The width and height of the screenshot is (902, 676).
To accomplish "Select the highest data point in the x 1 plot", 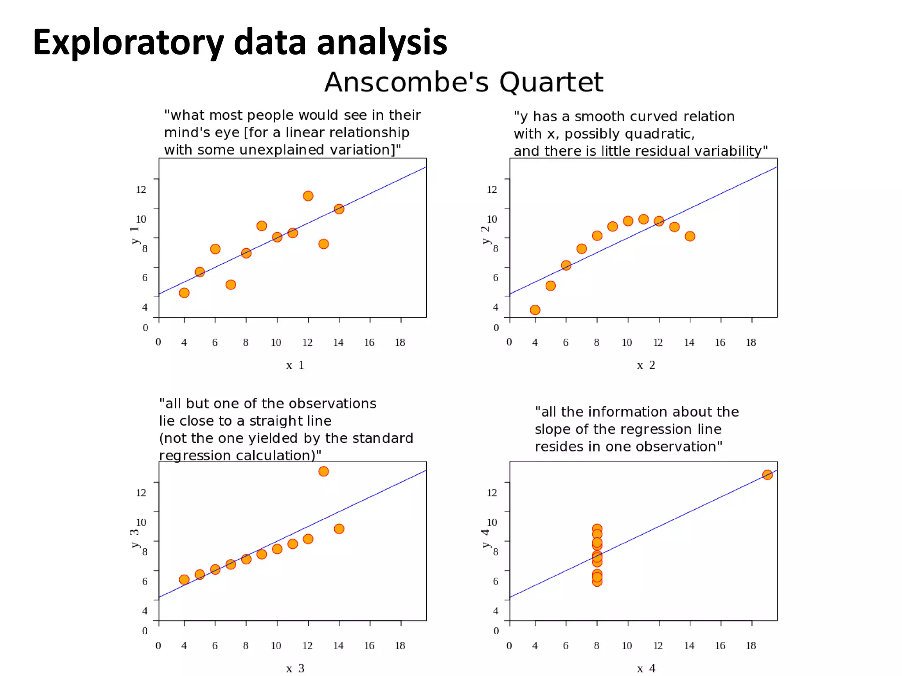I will point(308,196).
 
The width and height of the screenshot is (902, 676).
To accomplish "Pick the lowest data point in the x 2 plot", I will point(535,310).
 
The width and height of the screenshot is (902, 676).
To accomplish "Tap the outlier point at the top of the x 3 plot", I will point(323,471).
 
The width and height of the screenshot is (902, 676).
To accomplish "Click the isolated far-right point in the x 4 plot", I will point(767,475).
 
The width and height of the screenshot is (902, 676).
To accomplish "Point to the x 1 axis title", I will point(295,365).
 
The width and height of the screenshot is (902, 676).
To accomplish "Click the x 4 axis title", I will point(646,669).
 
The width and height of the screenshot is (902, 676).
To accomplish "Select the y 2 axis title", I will point(485,235).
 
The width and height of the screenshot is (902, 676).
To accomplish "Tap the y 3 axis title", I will point(134,538).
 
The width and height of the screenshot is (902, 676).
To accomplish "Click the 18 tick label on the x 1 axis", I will point(400,342).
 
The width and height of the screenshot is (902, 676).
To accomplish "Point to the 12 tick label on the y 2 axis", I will point(492,190).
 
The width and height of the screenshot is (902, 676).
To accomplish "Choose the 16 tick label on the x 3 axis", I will point(369,646).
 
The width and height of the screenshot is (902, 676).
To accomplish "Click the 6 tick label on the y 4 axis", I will point(495,581).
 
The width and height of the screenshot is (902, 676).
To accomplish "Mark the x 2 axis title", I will point(646,365).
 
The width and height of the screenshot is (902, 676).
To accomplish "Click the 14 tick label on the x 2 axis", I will point(689,342).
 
